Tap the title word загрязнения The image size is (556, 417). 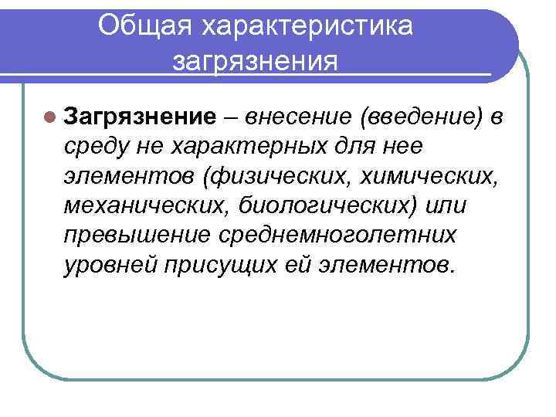point(256,61)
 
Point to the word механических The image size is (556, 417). point(140,206)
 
